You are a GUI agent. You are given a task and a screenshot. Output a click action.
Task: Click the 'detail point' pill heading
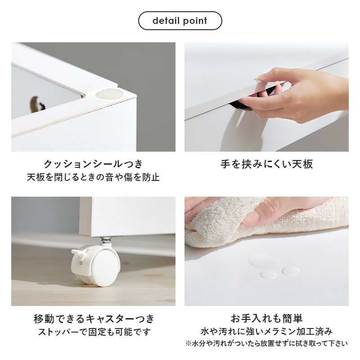pyautogui.click(x=180, y=21)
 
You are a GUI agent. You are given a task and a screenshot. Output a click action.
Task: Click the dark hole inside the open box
pyautogui.click(x=35, y=104)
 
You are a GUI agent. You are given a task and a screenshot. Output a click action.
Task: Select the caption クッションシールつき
pyautogui.click(x=93, y=164)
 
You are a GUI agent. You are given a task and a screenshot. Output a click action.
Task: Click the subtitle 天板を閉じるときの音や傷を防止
pyautogui.click(x=93, y=177)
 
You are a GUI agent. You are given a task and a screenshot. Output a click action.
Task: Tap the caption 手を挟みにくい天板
pyautogui.click(x=266, y=164)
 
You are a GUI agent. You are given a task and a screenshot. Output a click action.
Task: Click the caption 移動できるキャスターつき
pyautogui.click(x=94, y=319)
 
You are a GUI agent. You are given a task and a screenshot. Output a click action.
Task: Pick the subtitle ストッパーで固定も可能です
pyautogui.click(x=94, y=332)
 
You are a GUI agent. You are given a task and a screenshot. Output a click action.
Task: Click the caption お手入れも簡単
pyautogui.click(x=266, y=319)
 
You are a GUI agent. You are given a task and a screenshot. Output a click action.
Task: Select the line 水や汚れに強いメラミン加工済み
pyautogui.click(x=266, y=332)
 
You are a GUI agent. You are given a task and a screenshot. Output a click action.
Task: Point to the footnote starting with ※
pyautogui.click(x=266, y=343)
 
